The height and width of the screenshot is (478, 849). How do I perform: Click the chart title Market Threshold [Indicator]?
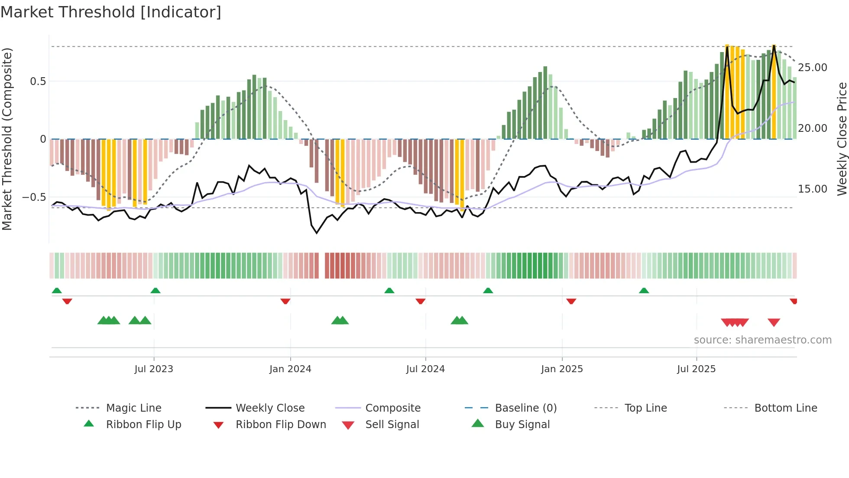tap(111, 12)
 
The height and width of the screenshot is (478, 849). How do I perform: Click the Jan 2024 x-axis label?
tap(290, 369)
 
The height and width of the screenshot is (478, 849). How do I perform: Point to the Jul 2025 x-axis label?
tap(696, 369)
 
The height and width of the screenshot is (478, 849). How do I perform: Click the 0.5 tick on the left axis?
tap(38, 82)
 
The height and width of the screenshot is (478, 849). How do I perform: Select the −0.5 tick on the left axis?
tap(34, 197)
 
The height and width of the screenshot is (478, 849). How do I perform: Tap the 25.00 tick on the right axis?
tap(812, 68)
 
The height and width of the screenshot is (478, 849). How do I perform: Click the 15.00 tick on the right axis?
tap(812, 189)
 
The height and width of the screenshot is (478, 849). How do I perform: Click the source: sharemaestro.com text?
tap(762, 340)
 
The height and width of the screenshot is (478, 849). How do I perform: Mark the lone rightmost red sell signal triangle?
tap(774, 322)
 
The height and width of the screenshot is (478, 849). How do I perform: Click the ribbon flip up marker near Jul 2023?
tap(156, 290)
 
